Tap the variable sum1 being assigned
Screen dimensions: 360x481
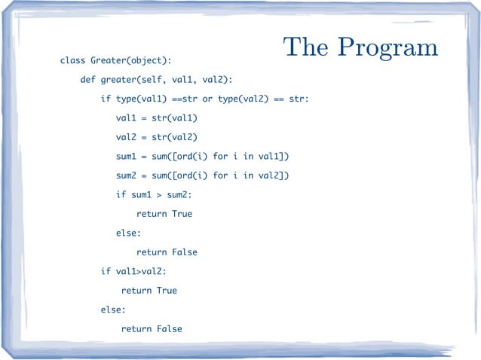click(x=127, y=156)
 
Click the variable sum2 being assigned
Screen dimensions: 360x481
click(x=127, y=175)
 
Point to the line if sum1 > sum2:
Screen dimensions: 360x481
click(x=154, y=194)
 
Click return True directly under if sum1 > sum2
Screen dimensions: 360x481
click(x=164, y=214)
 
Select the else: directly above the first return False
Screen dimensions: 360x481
click(x=129, y=233)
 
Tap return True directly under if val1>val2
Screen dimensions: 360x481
click(x=149, y=290)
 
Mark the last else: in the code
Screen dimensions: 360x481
click(x=114, y=310)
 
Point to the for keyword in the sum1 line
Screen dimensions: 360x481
click(x=221, y=156)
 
